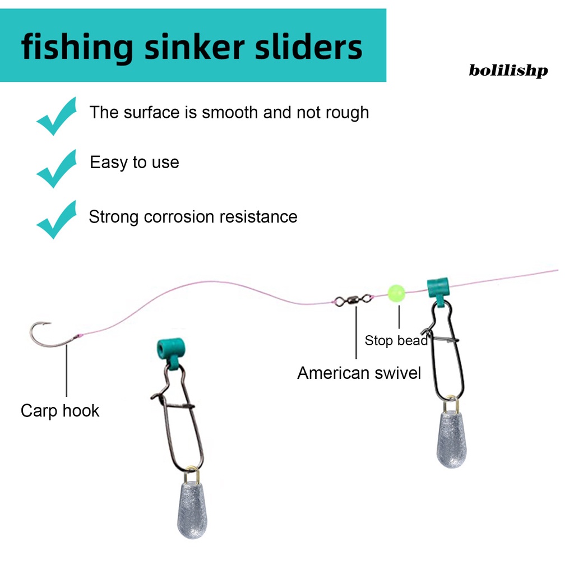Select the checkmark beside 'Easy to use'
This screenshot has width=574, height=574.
57,168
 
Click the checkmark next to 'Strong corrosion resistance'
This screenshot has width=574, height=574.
57,219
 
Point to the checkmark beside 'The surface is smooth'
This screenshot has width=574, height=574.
57,116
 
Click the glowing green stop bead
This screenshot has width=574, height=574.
396,293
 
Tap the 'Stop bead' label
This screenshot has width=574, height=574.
396,340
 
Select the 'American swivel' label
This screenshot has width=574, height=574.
359,373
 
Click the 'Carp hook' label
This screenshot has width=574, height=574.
60,410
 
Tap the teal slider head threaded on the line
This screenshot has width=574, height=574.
438,289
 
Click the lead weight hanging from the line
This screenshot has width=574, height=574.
452,441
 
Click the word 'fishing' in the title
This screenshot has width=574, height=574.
76,48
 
